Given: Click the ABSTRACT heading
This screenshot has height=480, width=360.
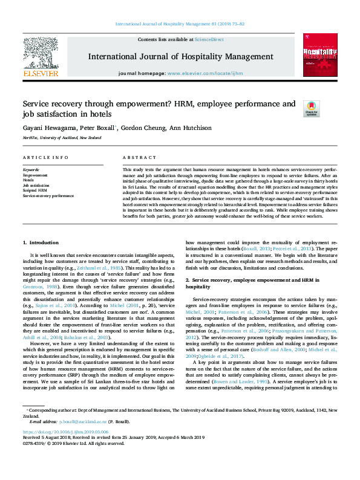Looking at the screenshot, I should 135,157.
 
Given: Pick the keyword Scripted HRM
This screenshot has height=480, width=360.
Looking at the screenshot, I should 35,190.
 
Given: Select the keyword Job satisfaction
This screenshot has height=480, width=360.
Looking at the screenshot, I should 36,185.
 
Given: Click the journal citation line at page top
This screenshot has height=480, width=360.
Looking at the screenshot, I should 180,24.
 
